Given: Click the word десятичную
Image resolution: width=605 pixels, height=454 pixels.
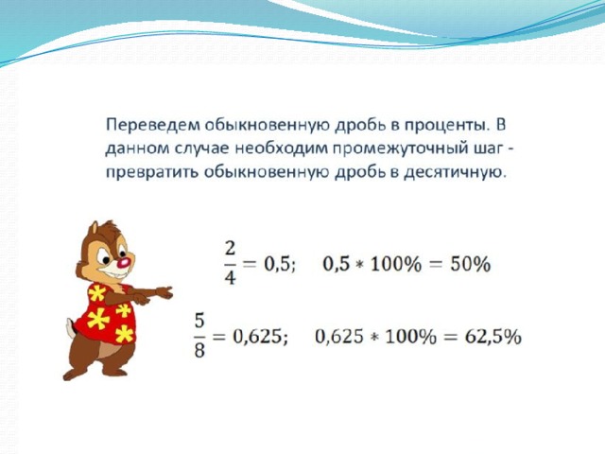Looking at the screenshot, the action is (455, 173).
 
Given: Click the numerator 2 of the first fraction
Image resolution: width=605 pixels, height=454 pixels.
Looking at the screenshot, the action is (230, 249).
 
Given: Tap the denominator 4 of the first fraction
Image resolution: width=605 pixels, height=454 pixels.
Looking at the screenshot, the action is (230, 277).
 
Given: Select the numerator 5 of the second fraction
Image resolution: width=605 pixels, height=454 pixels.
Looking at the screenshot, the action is (199, 322).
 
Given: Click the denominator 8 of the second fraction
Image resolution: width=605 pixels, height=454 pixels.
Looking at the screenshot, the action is (199, 351).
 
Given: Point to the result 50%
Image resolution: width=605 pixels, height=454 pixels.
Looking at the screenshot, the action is (471, 265).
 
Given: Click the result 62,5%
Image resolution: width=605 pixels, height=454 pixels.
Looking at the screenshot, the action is (493, 337).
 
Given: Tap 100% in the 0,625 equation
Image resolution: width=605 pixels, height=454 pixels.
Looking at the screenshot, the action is (411, 337).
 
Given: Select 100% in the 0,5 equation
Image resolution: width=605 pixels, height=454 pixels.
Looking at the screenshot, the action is (396, 265).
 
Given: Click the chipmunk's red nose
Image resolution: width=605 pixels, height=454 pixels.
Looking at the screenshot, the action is (124, 263).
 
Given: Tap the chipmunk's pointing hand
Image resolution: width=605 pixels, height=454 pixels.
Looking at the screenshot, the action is (164, 292).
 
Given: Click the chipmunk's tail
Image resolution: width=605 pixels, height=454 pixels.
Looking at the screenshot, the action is (70, 328).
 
